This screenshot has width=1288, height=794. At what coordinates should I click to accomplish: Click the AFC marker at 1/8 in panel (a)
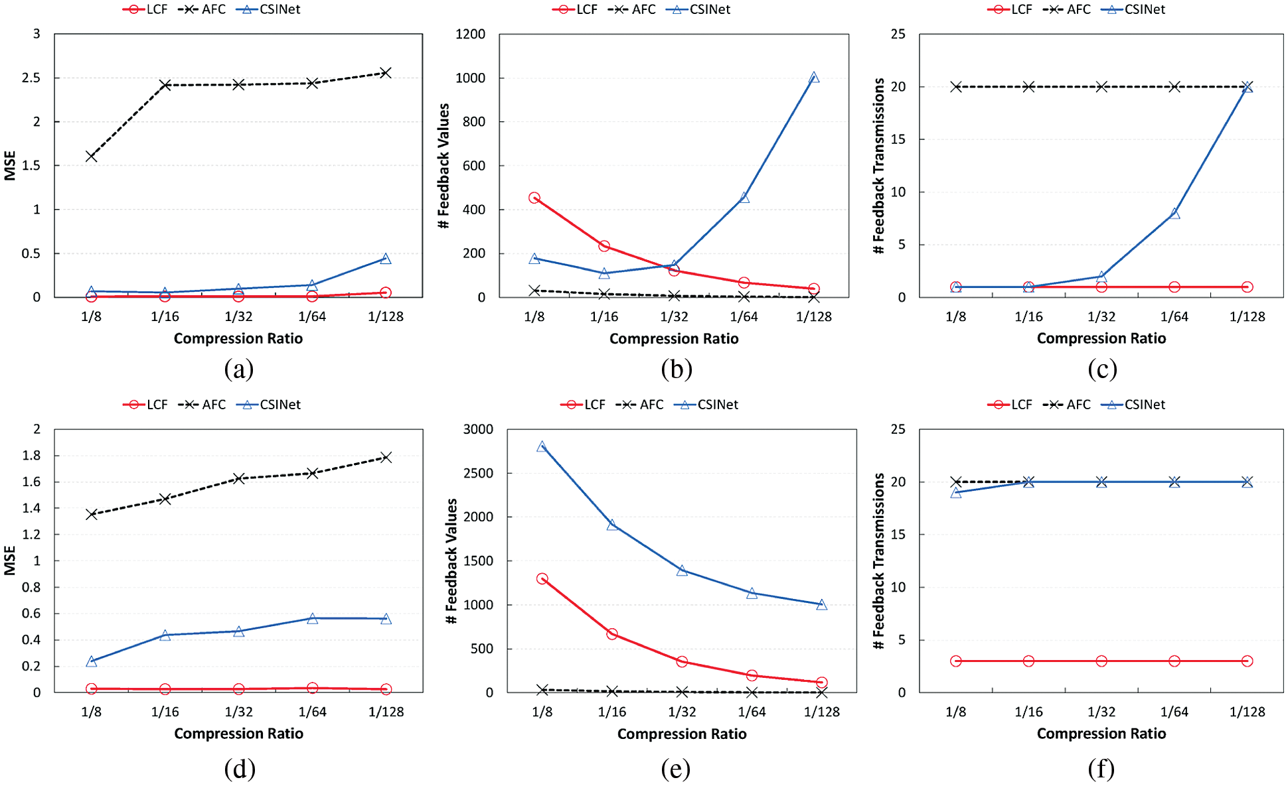[x=92, y=157]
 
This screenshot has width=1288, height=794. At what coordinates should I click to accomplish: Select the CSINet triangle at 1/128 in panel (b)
[x=814, y=78]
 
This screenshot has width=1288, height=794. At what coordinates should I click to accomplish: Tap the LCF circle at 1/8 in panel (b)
[x=534, y=198]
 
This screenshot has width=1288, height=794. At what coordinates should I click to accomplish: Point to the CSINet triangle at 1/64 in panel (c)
[x=1174, y=214]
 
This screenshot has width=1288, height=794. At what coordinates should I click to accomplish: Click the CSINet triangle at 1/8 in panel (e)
[x=542, y=447]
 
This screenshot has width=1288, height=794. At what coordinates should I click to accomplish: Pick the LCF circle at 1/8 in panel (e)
[x=542, y=578]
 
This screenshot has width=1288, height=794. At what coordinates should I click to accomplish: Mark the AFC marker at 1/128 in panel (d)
[x=386, y=457]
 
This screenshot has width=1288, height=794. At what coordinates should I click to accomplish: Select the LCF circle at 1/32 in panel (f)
[x=1101, y=661]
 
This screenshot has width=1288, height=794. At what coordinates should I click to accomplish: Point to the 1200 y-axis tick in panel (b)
[x=470, y=34]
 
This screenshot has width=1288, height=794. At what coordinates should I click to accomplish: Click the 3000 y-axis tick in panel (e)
[x=478, y=429]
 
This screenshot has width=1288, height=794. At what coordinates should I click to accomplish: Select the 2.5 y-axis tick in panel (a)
[x=31, y=78]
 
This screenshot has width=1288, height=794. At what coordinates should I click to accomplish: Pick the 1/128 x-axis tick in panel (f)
[x=1247, y=712]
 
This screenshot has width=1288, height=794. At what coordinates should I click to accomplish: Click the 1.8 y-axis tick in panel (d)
[x=31, y=456]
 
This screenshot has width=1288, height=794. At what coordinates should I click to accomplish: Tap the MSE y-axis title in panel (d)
[x=9, y=561]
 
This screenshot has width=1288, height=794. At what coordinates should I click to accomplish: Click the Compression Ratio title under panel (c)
[x=1101, y=338]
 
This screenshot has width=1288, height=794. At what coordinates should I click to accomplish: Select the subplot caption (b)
[x=676, y=369]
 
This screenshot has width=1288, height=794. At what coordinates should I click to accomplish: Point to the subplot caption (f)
[x=1101, y=769]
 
